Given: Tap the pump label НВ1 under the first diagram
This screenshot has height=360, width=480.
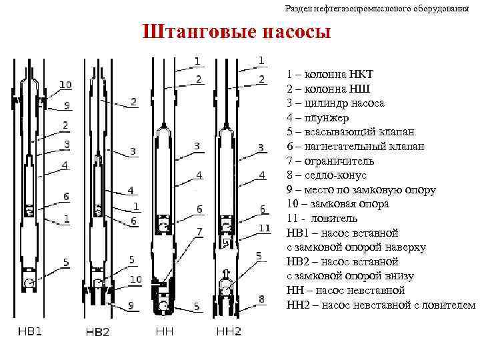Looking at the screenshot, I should point(29,332).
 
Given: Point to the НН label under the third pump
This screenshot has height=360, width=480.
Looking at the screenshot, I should point(164,331).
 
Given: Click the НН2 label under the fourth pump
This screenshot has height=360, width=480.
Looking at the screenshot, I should point(229,331).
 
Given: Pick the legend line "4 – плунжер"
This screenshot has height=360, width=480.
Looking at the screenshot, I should point(318,118).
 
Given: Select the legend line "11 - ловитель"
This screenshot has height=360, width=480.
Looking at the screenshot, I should point(322,218).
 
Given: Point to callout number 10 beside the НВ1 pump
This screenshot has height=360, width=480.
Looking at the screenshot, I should point(65,85).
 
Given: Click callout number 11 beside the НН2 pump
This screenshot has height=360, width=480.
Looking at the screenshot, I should point(264,227).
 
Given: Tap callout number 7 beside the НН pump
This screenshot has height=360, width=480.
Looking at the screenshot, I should point(198,231).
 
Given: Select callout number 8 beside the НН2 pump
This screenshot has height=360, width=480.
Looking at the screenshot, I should point(262,299).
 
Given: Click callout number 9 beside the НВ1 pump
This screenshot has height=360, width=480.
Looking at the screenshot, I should point(67,105).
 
